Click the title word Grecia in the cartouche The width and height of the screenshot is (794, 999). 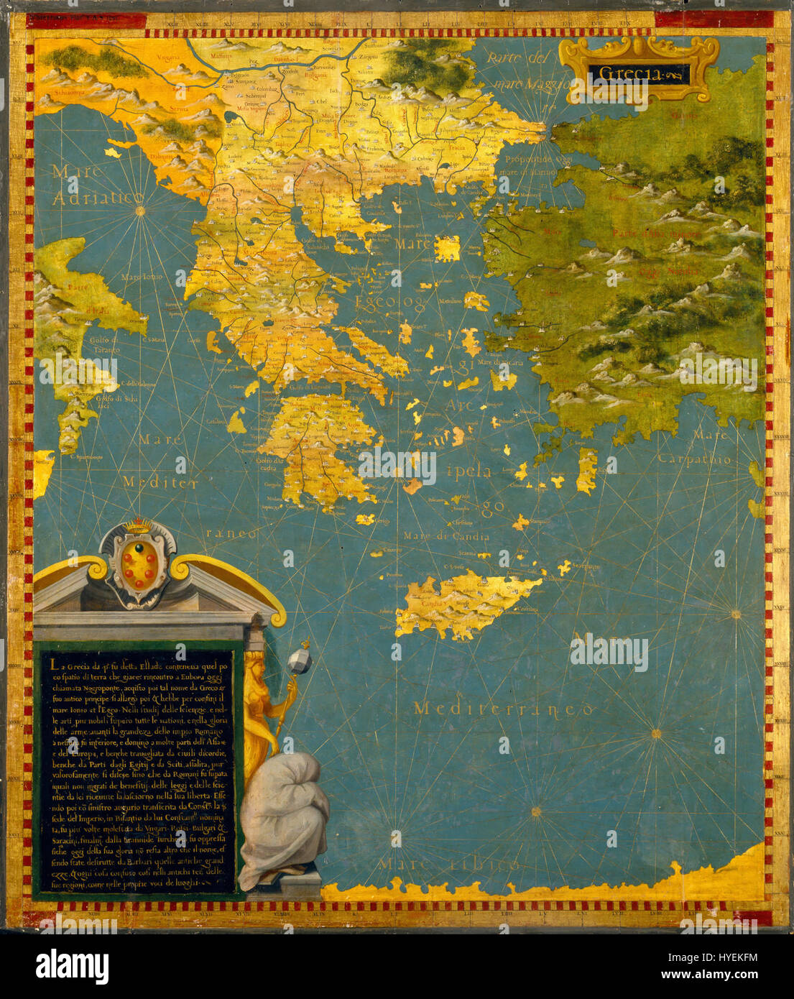point(638,74)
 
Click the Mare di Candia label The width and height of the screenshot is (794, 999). point(456,536)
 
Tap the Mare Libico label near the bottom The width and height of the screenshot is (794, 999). point(449,863)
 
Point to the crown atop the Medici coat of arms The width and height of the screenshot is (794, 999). point(138,527)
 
